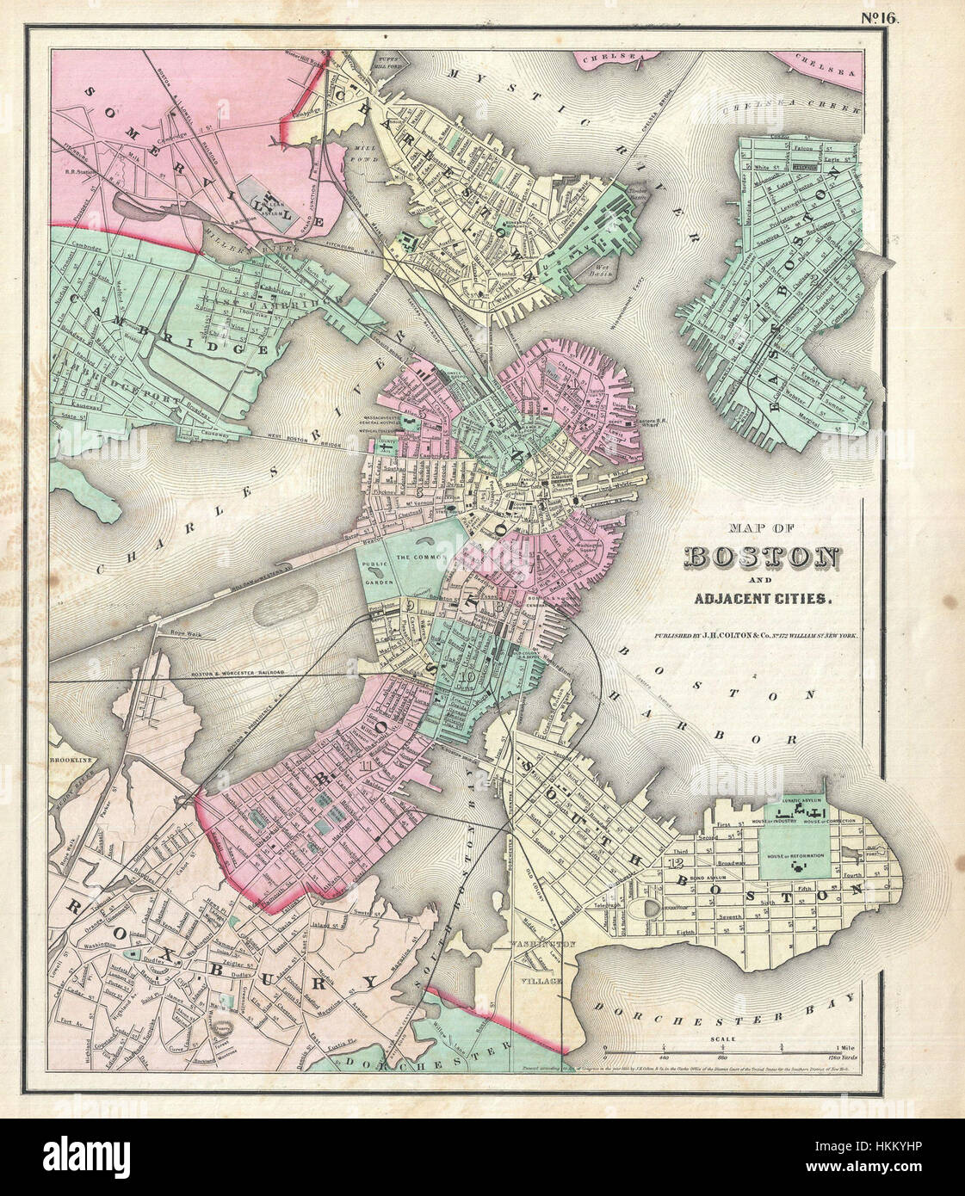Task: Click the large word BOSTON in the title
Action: click(762, 558)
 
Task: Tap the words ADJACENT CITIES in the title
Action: click(761, 597)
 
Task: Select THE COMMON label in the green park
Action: click(418, 558)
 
